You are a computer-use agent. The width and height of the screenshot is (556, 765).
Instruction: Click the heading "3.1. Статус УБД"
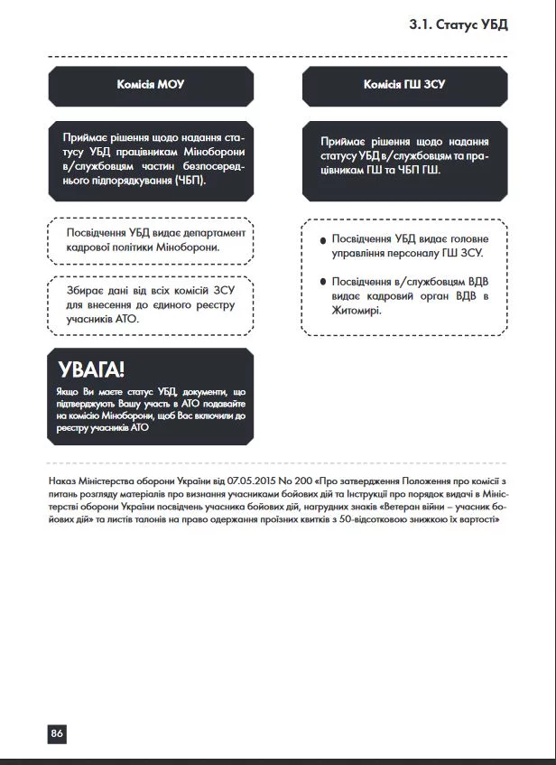[459, 23]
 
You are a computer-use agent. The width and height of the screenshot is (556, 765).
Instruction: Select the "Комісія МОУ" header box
[150, 84]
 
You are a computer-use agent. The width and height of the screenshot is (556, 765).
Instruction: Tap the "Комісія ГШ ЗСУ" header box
[404, 84]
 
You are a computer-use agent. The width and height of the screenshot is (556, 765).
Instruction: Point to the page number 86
[57, 733]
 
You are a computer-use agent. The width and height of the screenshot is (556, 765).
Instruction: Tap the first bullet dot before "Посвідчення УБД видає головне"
[322, 240]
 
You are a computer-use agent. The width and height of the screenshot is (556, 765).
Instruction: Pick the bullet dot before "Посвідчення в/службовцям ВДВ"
[322, 282]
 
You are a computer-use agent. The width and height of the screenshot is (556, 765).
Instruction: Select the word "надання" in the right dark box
[468, 142]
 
